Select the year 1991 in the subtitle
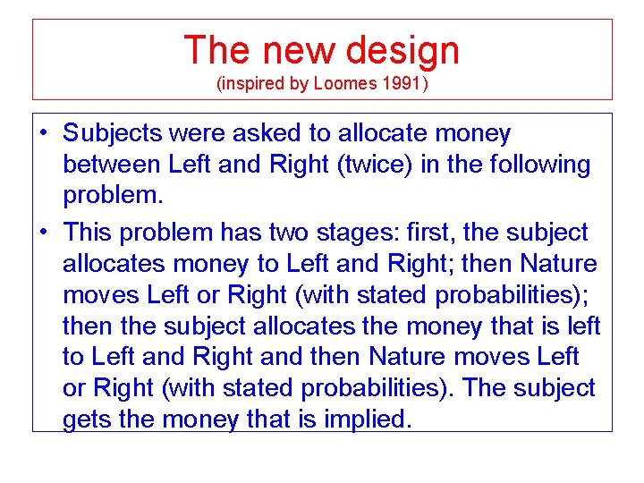402,84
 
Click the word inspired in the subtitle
254,84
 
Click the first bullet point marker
42,134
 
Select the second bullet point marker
42,233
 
